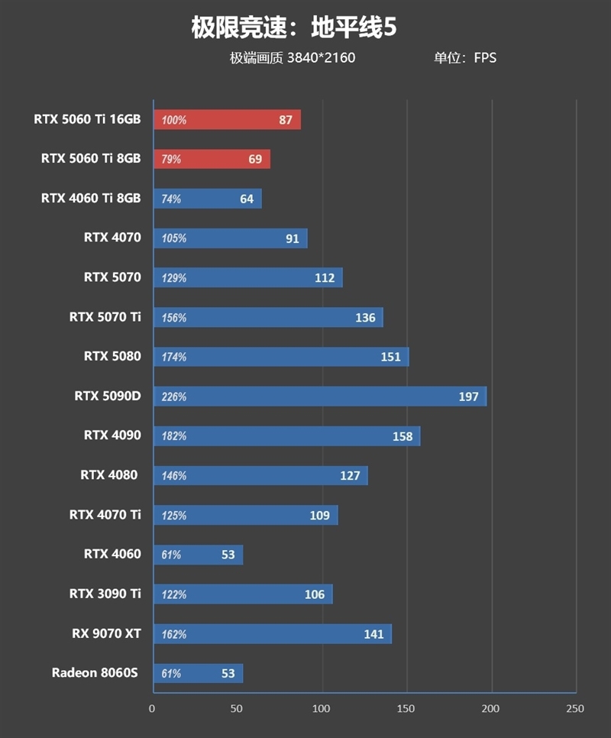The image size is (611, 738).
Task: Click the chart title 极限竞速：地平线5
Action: click(x=294, y=28)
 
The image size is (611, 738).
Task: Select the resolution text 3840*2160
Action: click(x=321, y=58)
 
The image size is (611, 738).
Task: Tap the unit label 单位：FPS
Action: click(x=465, y=58)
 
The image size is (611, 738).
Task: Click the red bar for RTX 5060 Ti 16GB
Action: click(x=227, y=120)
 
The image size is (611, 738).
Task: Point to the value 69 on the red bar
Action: click(x=255, y=160)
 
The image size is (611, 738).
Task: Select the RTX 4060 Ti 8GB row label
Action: click(x=91, y=199)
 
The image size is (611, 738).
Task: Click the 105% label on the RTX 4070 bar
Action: click(x=174, y=238)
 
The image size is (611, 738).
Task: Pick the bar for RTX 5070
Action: click(x=247, y=278)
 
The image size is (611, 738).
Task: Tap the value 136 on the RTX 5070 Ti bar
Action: click(x=365, y=318)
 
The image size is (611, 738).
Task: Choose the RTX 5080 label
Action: click(x=112, y=357)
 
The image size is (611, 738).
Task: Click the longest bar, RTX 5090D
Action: click(x=319, y=397)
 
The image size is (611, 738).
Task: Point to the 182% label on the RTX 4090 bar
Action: click(x=174, y=436)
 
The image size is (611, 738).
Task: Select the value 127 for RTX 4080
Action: click(x=350, y=476)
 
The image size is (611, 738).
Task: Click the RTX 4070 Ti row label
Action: click(x=105, y=515)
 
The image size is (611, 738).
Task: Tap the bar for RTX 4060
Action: click(x=198, y=555)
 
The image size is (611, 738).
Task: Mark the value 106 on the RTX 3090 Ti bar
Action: click(x=314, y=594)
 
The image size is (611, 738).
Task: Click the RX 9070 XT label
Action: click(x=107, y=633)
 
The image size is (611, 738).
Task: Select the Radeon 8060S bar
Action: click(x=198, y=673)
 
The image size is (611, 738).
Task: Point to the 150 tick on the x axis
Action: click(x=406, y=709)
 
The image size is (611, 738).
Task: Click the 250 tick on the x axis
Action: click(x=574, y=709)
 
